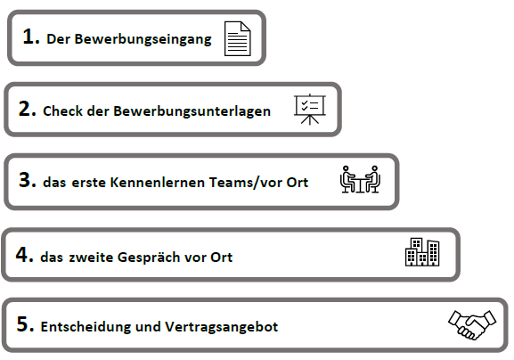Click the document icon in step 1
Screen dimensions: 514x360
click(x=237, y=38)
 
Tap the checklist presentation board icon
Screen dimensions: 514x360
click(x=310, y=110)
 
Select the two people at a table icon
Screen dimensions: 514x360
click(x=360, y=179)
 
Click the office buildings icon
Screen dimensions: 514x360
click(x=422, y=252)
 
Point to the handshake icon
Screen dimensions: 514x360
click(x=472, y=324)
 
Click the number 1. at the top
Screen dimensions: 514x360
click(x=31, y=37)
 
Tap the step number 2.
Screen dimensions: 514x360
click(x=28, y=109)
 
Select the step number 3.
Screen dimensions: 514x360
click(x=28, y=180)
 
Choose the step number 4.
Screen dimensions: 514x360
click(x=25, y=255)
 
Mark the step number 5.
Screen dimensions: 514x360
click(x=25, y=324)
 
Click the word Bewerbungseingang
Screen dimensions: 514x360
click(x=143, y=39)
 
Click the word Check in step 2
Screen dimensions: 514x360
click(x=63, y=111)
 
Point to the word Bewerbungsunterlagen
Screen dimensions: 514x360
click(x=192, y=111)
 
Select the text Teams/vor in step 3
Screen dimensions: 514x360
click(x=246, y=183)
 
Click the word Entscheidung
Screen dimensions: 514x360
click(x=86, y=327)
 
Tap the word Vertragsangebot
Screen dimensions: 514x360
click(x=221, y=327)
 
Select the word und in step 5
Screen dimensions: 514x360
click(x=148, y=327)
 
